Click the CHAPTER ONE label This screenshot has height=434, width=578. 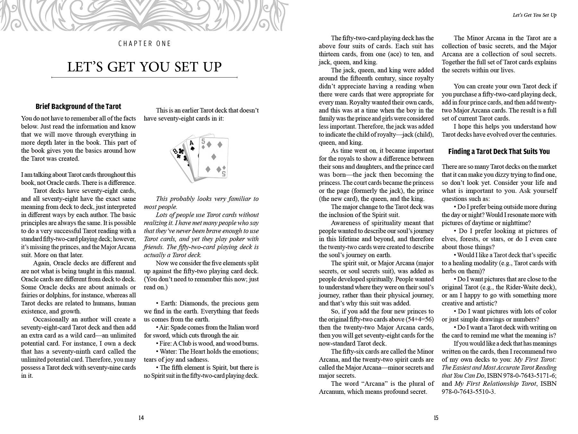coord(144,43)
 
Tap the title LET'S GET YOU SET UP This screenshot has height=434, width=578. coord(144,67)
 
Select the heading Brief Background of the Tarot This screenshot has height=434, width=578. coord(78,106)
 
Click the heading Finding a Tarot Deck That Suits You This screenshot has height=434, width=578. coord(499,151)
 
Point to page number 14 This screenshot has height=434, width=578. coord(141,418)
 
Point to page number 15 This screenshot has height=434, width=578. coord(436,418)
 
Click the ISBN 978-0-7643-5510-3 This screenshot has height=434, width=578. coord(468,392)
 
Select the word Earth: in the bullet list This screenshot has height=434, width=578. coord(169,303)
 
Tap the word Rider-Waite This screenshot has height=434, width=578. coord(526,287)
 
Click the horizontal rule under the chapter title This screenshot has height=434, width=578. coord(144,77)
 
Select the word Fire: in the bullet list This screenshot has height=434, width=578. coord(167,343)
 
